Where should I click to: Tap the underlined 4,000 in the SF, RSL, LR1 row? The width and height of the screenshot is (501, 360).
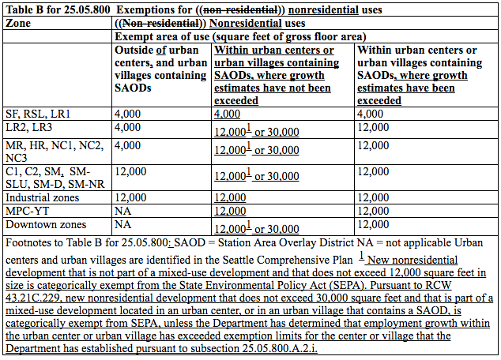pos(228,113)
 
